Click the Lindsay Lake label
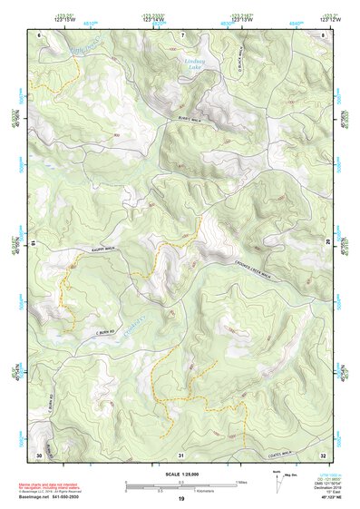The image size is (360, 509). click(x=192, y=64)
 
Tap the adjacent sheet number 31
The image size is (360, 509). click(x=180, y=454)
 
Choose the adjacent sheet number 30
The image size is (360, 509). click(x=38, y=454)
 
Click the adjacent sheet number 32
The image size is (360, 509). click(x=323, y=454)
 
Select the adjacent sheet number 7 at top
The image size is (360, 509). click(x=181, y=34)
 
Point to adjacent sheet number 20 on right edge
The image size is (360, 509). click(x=327, y=240)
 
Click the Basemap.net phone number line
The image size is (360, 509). click(x=51, y=496)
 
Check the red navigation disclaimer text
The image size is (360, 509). click(x=51, y=486)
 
